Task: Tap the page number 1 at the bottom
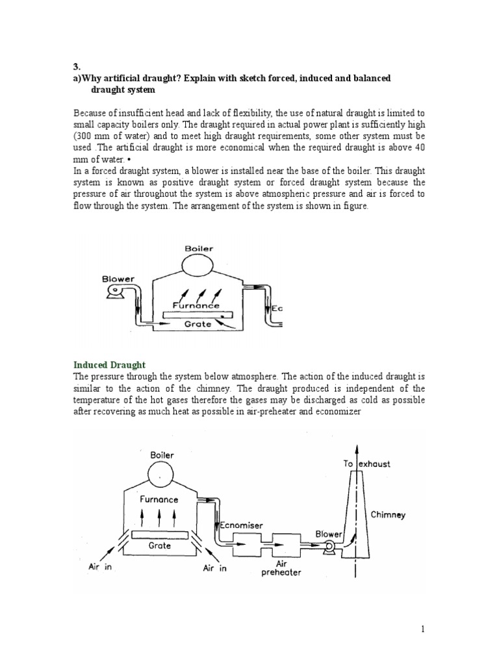pyautogui.click(x=422, y=629)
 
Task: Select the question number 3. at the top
pyautogui.click(x=75, y=66)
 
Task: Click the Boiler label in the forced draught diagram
pyautogui.click(x=199, y=247)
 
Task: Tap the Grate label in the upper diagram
pyautogui.click(x=198, y=323)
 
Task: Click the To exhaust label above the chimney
pyautogui.click(x=366, y=464)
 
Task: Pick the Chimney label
pyautogui.click(x=388, y=514)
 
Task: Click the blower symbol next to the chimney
pyautogui.click(x=330, y=549)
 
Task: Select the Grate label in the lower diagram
pyautogui.click(x=159, y=546)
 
